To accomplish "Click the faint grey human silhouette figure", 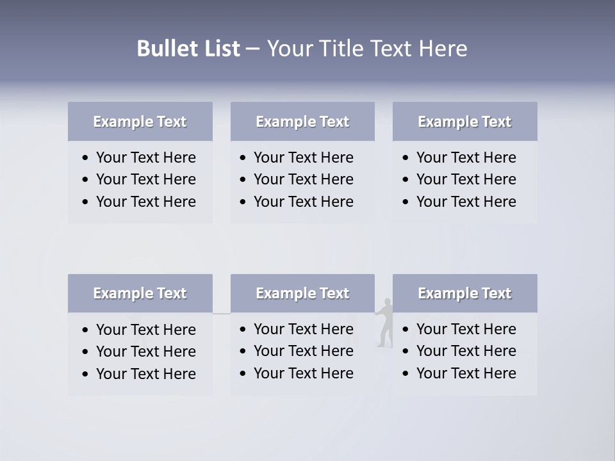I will coord(384,323).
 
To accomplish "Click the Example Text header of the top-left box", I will coord(140,122).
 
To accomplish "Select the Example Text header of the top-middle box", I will coord(302,122).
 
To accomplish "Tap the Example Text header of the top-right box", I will coord(464,122).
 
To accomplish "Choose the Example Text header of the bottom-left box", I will coord(140,293).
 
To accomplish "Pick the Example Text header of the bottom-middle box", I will coord(302,293).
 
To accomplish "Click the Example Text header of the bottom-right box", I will coord(464,293).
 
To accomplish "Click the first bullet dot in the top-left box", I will coord(86,158).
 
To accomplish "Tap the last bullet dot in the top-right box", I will coord(406,202).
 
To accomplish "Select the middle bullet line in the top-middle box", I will coord(303,179).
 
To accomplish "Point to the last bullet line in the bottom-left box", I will coord(145,374).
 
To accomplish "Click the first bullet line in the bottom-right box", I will coord(466,329).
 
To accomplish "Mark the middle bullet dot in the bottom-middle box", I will coord(243,351).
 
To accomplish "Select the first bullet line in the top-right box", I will coord(466,158).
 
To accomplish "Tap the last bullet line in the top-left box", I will coord(145,202).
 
